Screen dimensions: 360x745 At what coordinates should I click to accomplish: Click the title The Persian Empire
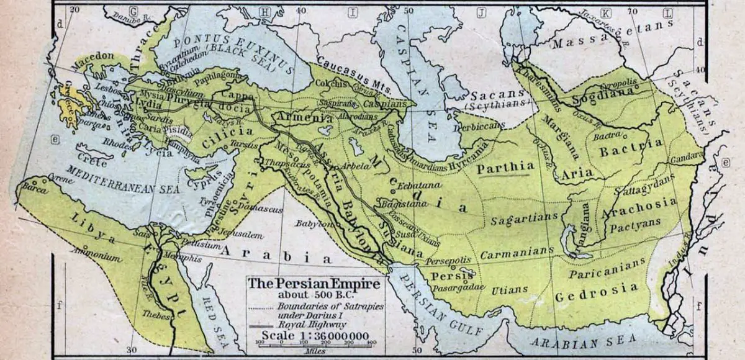[316, 284]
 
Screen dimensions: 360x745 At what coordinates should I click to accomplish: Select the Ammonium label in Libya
[95, 255]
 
